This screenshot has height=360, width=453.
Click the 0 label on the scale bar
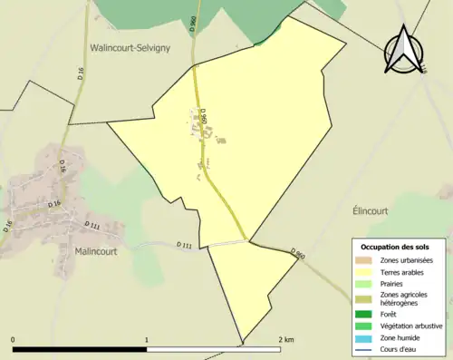click(x=14, y=340)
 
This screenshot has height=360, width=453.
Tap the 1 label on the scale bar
click(x=147, y=340)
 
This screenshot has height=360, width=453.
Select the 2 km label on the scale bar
click(x=286, y=340)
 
